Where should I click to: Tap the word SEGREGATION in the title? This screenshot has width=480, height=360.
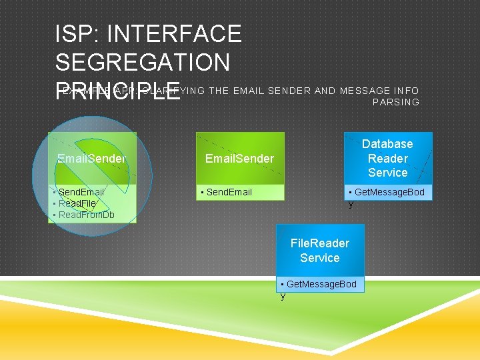(x=143, y=63)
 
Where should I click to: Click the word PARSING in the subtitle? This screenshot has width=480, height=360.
(x=396, y=102)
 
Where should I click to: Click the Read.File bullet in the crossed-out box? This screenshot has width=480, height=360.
(x=77, y=203)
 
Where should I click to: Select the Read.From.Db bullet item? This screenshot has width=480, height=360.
(x=86, y=215)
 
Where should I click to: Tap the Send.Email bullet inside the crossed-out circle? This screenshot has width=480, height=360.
(x=81, y=192)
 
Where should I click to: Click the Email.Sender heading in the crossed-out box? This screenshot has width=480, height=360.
(x=91, y=159)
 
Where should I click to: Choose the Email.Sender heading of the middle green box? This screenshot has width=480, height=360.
(x=239, y=159)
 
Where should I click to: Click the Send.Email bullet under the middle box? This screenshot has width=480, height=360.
(x=229, y=192)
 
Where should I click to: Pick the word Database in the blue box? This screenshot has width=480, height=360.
(x=387, y=144)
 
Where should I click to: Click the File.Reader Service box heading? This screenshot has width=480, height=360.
(x=319, y=251)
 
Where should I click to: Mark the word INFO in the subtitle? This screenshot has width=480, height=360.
(x=407, y=91)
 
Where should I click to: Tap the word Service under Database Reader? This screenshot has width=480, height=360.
(x=387, y=173)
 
